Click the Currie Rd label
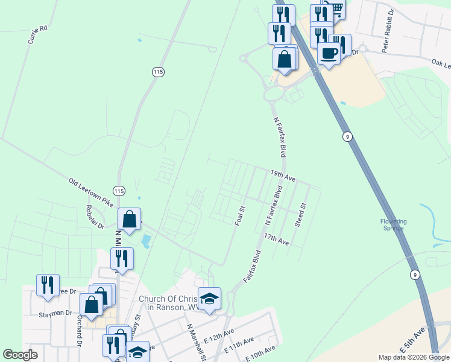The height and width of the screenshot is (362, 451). tap(37, 36)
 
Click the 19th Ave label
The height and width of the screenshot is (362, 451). tap(283, 176)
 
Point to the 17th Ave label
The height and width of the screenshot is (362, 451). tap(277, 240)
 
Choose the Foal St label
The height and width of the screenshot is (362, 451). tap(240, 216)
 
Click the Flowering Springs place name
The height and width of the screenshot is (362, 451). tap(393, 224)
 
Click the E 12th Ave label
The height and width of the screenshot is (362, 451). tap(219, 335)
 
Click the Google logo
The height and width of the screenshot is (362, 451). tap(20, 355)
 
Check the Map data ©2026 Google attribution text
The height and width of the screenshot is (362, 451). tap(414, 357)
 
